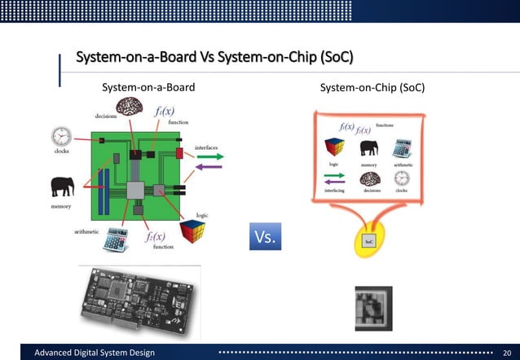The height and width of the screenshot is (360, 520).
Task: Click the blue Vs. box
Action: pos(265,236)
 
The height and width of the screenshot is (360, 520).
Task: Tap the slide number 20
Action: pos(505,352)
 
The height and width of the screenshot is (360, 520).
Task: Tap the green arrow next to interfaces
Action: pos(210,155)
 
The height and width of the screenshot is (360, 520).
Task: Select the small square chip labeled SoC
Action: pos(368,241)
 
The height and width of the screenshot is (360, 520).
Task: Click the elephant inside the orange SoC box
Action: pos(368,148)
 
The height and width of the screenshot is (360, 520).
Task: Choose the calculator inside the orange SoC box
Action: pos(402,148)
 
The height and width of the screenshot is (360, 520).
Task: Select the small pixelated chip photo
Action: pos(373,308)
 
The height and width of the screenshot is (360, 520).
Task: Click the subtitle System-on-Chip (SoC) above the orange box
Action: pos(372,87)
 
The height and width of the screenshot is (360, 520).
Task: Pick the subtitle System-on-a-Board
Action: pos(148,87)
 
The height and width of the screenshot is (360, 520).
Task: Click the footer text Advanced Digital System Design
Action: pos(93,352)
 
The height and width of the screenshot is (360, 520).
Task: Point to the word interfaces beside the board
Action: pos(205,147)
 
